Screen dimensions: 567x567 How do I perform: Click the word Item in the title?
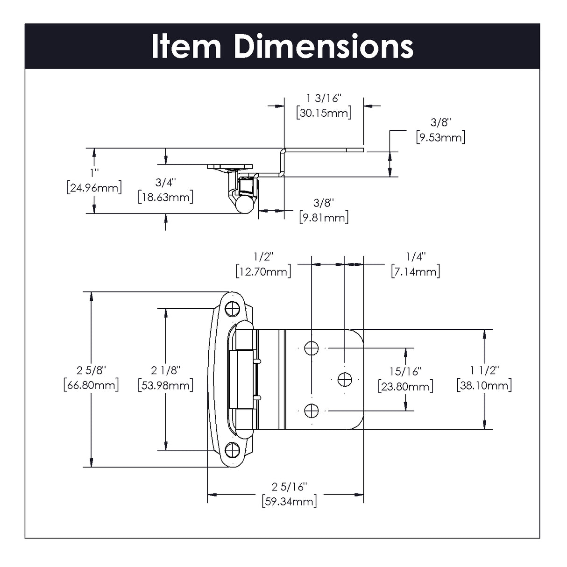186,46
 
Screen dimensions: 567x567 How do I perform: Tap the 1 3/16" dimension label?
324,98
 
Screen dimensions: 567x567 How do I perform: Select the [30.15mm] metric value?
324,113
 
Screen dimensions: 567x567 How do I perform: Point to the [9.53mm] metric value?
440,137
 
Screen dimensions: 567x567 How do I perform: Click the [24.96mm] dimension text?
94,188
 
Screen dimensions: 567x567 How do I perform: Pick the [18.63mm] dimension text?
166,197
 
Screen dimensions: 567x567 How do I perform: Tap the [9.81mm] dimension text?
324,217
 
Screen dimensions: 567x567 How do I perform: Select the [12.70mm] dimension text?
263,271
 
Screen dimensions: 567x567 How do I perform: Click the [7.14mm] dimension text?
415,271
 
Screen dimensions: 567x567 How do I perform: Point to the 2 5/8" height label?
91,370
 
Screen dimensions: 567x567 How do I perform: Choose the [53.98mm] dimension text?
166,385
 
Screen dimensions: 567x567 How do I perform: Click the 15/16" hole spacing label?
405,372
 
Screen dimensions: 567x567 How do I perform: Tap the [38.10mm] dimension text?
484,385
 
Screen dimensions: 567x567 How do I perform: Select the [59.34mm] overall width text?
290,502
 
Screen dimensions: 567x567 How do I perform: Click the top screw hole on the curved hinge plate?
232,309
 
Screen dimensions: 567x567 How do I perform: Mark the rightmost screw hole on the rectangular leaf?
345,379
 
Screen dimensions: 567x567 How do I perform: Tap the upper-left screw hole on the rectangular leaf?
312,348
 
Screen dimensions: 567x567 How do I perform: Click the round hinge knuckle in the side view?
245,204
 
